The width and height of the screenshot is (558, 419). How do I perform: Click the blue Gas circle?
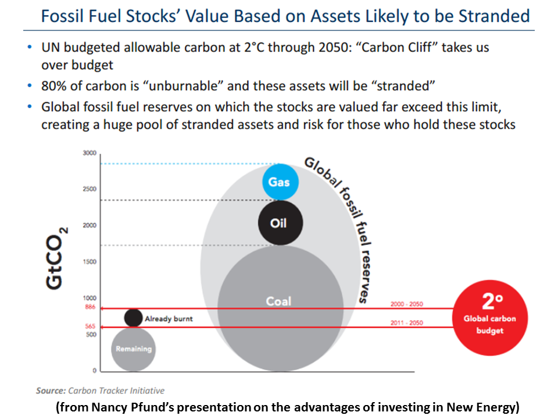(279, 182)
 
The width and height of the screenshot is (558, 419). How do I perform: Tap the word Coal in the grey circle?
(278, 301)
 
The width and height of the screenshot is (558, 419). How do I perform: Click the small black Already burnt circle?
(134, 318)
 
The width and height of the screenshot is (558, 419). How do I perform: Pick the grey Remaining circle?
(134, 349)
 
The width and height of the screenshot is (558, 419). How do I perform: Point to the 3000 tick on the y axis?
(88, 153)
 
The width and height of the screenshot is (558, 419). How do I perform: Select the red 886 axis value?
(90, 308)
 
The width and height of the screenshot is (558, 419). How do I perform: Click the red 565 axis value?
(90, 327)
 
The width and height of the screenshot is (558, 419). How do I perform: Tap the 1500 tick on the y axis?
(89, 262)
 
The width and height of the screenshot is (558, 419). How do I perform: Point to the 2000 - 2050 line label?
(407, 304)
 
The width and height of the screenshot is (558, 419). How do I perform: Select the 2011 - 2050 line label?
(407, 323)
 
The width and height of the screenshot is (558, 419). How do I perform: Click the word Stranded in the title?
(493, 16)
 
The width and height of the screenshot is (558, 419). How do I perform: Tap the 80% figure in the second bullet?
(54, 86)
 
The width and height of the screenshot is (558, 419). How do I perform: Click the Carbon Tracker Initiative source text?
(116, 390)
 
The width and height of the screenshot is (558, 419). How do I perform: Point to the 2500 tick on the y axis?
(88, 189)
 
